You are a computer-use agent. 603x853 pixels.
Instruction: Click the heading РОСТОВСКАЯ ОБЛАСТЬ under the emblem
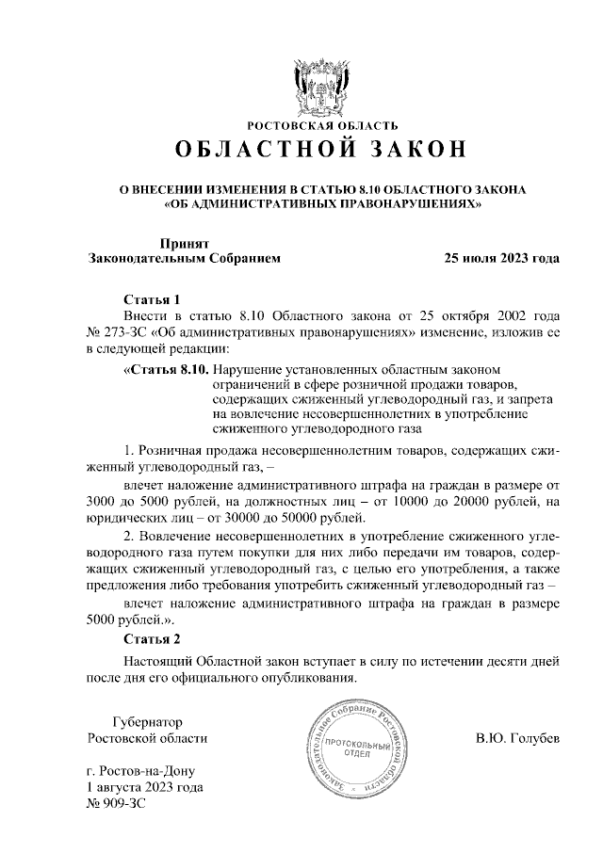coord(322,124)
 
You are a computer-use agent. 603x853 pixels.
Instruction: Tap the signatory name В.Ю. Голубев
coord(517,737)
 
